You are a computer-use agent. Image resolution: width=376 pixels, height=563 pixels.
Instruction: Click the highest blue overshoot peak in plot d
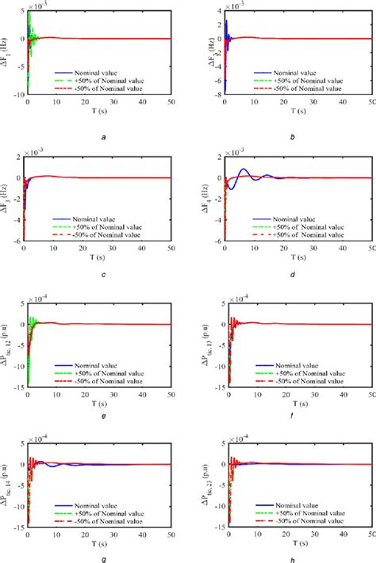click(244, 169)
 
